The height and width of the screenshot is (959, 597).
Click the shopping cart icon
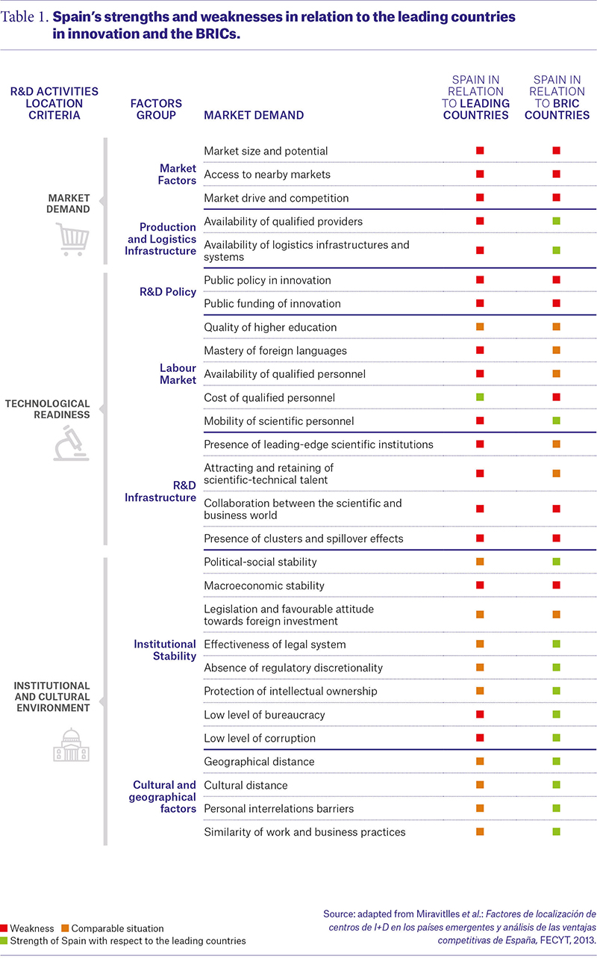point(72,239)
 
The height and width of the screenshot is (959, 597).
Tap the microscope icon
point(71,443)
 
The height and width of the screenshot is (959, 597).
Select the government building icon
point(71,745)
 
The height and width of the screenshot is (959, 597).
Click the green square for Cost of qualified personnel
point(480,397)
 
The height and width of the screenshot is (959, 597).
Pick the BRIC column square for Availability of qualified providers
point(557,221)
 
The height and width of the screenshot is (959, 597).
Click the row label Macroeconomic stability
point(264,586)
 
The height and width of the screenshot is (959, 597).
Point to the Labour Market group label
point(178,373)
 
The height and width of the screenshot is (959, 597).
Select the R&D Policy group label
point(168,291)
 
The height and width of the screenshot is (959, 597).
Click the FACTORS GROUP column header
point(156,109)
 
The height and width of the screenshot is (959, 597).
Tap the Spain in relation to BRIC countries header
point(557,98)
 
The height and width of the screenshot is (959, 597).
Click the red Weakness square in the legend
point(4,928)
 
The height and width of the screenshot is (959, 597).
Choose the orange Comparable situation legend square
point(65,928)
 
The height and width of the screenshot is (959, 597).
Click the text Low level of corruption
point(260,738)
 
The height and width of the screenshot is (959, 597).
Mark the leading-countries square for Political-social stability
point(480,562)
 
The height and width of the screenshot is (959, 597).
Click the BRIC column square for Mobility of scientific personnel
point(557,420)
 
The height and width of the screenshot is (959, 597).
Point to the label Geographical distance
point(259,762)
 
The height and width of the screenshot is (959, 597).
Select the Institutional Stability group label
point(165,650)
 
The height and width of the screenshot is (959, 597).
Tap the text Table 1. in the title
point(25,16)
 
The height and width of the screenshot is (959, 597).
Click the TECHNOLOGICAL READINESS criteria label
point(48,409)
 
